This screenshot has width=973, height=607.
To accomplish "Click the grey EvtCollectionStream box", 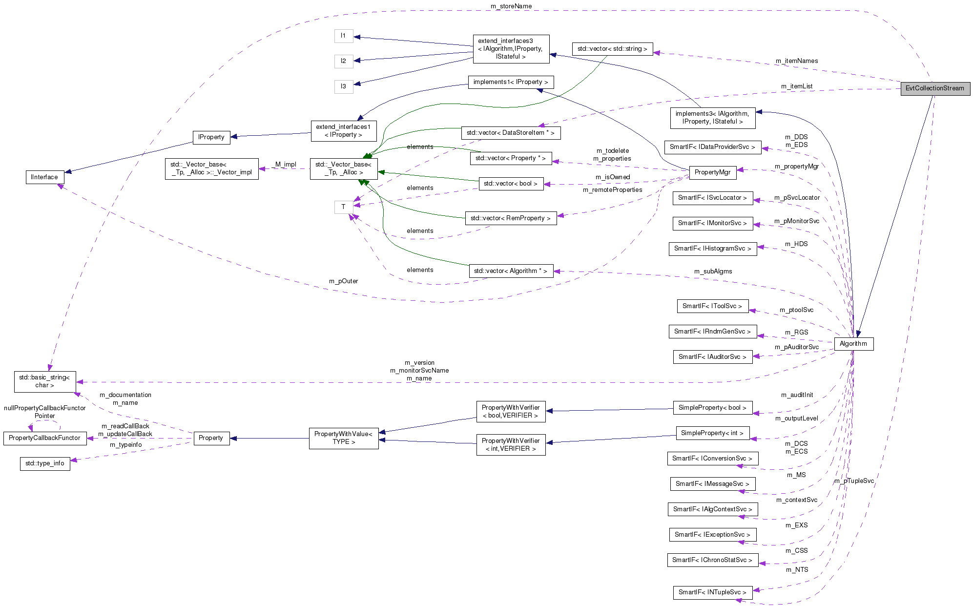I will (x=935, y=88).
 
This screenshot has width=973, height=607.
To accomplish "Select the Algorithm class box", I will (x=853, y=344).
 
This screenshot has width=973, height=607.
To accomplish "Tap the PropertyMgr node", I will (x=712, y=172).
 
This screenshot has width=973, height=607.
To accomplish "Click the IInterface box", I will (x=44, y=177).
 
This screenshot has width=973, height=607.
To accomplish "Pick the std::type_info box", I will (x=45, y=463).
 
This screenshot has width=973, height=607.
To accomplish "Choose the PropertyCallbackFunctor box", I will (x=44, y=438).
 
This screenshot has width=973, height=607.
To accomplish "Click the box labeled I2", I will (x=343, y=61).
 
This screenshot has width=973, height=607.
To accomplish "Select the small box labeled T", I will (x=343, y=207).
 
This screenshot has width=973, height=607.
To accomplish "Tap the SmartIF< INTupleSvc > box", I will (x=712, y=592).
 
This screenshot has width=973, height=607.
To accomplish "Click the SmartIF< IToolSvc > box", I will (x=712, y=306).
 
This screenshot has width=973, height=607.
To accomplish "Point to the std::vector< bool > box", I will (x=511, y=184).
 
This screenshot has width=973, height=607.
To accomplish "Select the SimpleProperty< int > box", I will (x=712, y=433).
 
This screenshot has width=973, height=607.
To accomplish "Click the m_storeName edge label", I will (x=511, y=6).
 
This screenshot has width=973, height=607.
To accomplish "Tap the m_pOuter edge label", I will (x=343, y=281).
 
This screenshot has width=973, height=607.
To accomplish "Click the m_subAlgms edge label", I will (x=713, y=272).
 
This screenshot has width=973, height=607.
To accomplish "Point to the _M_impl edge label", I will (x=285, y=165).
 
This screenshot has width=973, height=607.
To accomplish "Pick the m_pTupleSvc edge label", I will (x=854, y=481).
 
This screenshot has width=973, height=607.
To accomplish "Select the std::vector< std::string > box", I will (x=612, y=49).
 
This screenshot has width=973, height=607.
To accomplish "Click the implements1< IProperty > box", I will (x=511, y=82).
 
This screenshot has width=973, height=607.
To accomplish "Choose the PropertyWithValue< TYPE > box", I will (x=344, y=438).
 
